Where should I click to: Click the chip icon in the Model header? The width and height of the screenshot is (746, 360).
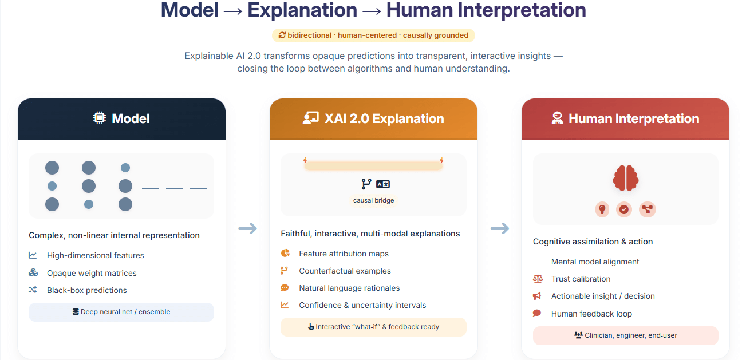click(100, 118)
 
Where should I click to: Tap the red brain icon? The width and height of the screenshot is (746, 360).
click(625, 177)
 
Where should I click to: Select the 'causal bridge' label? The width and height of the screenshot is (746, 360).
click(373, 200)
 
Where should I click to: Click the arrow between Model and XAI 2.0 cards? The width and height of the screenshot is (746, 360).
click(247, 228)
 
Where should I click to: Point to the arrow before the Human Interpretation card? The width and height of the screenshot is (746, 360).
click(499, 228)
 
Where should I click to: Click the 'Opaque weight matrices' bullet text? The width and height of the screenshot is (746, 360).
click(92, 273)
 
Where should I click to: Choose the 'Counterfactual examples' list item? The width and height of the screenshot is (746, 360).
click(345, 271)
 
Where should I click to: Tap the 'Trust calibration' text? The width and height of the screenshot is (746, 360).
click(581, 279)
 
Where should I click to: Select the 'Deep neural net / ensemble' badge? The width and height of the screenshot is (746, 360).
click(121, 312)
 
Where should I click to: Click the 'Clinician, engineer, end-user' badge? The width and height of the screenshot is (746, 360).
click(625, 335)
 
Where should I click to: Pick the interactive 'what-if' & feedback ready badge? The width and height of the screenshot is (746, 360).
click(373, 327)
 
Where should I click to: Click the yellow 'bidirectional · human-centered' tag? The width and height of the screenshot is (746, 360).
click(373, 35)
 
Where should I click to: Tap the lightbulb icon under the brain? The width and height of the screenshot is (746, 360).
click(602, 209)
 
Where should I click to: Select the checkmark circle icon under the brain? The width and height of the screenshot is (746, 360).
click(624, 209)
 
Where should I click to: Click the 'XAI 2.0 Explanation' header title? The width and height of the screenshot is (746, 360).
click(384, 118)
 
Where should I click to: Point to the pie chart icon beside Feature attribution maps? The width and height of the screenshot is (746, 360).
click(285, 254)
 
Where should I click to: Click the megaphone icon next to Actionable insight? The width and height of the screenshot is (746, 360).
click(537, 296)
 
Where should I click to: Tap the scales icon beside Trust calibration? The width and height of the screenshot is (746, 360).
click(537, 279)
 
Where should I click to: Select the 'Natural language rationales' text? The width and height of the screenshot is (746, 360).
click(349, 288)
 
